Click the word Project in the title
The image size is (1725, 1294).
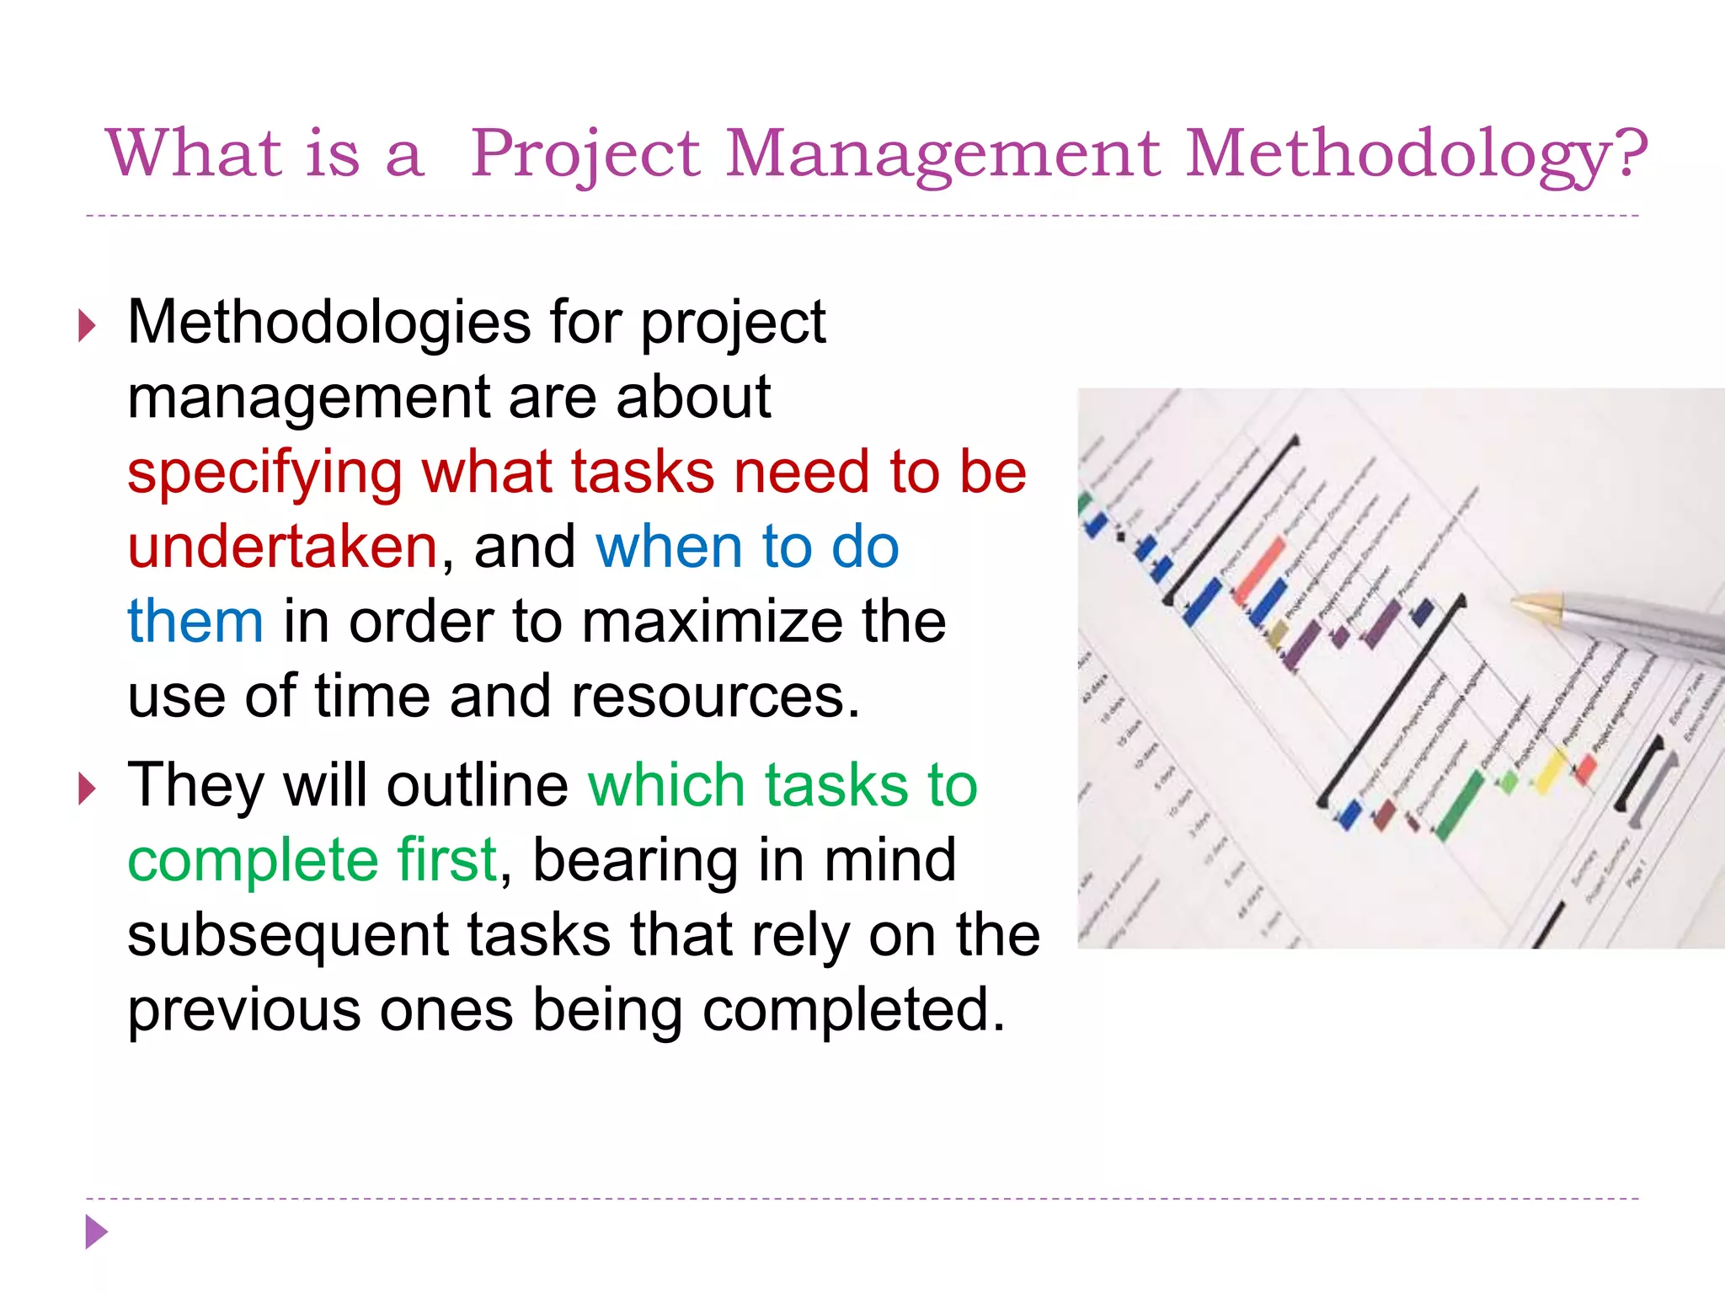pos(585,154)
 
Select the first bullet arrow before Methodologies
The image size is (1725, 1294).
pos(88,325)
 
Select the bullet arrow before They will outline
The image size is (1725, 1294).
pos(88,789)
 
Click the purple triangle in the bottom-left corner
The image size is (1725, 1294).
pos(96,1233)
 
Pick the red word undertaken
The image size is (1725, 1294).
pos(282,548)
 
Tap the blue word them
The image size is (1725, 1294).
pos(195,622)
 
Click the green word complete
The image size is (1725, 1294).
pos(252,861)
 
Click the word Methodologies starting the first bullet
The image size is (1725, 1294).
pos(329,323)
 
